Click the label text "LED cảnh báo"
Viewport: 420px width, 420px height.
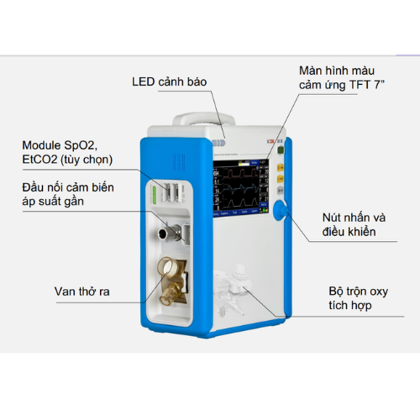[x=170, y=81]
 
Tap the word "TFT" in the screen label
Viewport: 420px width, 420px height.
[x=360, y=85]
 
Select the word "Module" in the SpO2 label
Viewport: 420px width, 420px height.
[x=41, y=145]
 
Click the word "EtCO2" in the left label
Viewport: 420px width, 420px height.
[x=39, y=160]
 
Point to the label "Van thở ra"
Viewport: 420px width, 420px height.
[x=81, y=291]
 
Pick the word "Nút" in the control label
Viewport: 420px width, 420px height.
[x=332, y=218]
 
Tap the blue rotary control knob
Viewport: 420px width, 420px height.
[x=281, y=210]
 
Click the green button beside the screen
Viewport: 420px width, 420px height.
[x=281, y=150]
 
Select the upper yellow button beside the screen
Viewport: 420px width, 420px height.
[x=281, y=167]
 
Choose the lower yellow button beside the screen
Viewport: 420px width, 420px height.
[x=281, y=178]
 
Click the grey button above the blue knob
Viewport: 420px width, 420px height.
[x=281, y=190]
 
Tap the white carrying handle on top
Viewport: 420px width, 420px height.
[x=203, y=119]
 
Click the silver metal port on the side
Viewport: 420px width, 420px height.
[x=170, y=232]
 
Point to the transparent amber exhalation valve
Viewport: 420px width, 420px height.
[x=171, y=281]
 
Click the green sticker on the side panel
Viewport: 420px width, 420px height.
[x=154, y=192]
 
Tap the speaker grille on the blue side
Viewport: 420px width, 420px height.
[x=178, y=162]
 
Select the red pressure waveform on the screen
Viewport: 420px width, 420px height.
[x=239, y=173]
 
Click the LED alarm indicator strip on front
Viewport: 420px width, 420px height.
[x=218, y=143]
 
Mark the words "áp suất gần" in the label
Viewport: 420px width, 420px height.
[x=53, y=202]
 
